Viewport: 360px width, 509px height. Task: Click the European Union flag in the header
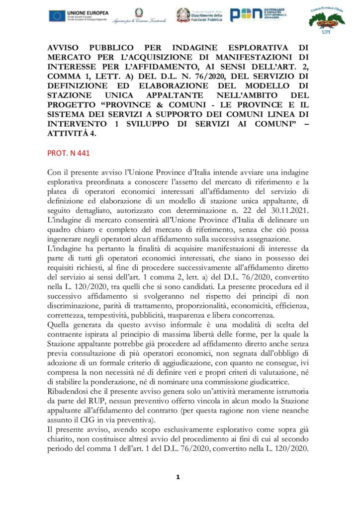pos(56,15)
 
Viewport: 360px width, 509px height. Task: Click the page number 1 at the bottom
pos(178,477)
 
